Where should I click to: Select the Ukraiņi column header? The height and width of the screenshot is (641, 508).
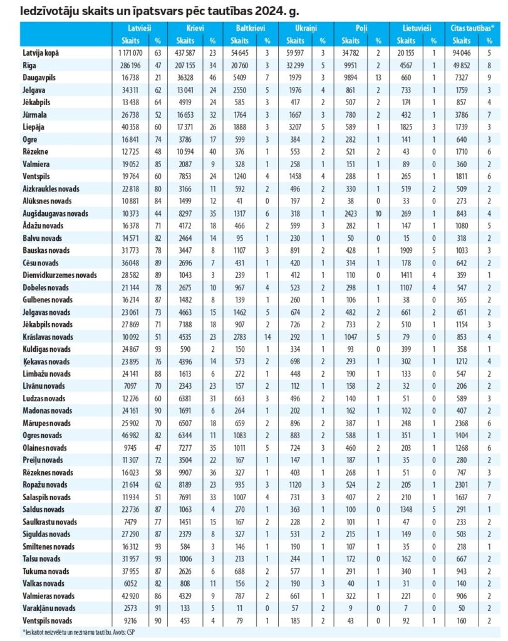pyautogui.click(x=306, y=29)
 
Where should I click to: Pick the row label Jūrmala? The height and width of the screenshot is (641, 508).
pyautogui.click(x=34, y=115)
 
